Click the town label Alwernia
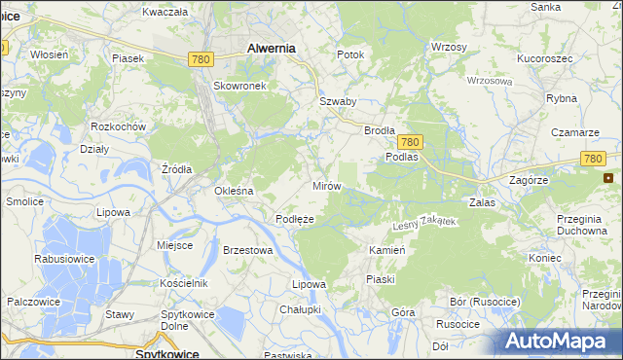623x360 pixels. tap(272, 47)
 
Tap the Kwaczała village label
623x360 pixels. tap(164, 12)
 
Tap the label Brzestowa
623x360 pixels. tap(246, 249)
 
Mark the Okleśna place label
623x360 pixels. tap(234, 191)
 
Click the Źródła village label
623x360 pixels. tap(176, 168)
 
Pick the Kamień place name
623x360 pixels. tap(386, 250)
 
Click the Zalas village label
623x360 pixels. tap(483, 201)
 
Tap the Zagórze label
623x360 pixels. tap(530, 180)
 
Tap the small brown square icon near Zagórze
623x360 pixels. tap(608, 178)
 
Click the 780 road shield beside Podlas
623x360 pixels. tap(409, 141)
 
